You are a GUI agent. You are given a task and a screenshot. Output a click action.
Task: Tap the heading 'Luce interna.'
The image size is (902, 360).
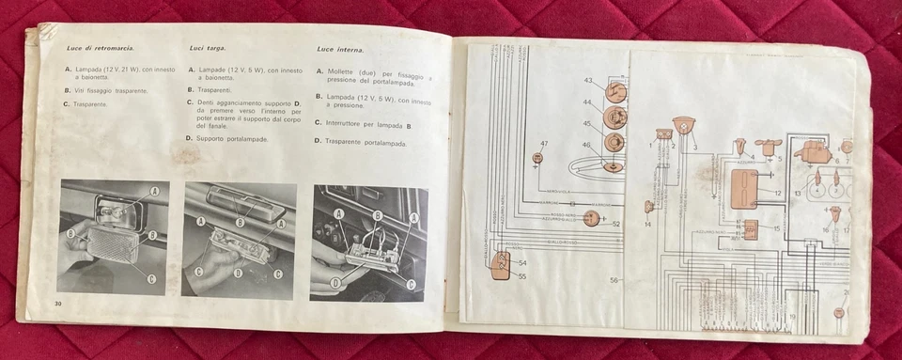341,47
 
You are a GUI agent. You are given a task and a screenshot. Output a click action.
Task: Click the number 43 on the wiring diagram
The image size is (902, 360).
588,82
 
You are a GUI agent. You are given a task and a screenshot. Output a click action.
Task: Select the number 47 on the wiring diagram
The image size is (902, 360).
543,143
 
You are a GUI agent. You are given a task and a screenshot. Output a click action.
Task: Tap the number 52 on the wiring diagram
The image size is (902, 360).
615,223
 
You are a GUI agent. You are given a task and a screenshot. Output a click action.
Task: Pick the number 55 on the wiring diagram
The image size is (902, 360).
522,277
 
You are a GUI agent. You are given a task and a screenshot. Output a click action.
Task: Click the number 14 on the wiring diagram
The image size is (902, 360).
647,225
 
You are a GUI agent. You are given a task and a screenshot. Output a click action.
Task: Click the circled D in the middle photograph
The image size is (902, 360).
237,273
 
